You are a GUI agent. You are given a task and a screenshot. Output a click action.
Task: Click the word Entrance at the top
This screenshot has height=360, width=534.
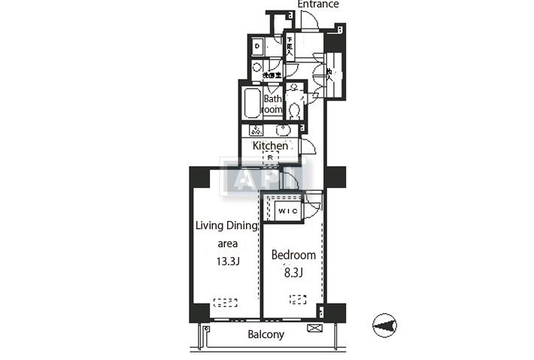pos(318,5)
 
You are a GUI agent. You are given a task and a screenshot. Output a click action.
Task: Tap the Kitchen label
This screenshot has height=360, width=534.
pos(269,146)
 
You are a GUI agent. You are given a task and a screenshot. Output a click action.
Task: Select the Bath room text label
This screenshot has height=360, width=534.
pos(272,104)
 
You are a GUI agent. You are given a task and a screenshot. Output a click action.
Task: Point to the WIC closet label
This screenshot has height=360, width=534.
pos(287,211)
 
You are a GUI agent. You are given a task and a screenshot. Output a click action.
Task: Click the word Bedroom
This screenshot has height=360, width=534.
pos(293,255)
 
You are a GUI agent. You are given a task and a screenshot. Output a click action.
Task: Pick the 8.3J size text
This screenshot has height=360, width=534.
pos(293,274)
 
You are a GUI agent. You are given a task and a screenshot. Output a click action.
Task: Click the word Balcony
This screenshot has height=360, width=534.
pos(266,334)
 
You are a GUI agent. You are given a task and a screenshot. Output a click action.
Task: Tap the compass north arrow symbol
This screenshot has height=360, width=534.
pos(384,325)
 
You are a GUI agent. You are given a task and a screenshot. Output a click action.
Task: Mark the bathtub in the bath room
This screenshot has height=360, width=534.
pos(250,105)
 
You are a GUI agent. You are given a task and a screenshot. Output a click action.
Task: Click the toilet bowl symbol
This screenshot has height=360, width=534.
pos(294,110)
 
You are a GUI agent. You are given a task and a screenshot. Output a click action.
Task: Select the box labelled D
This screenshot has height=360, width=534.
pos(257,47)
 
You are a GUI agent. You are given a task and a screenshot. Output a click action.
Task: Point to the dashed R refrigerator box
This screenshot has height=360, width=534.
pos(270,159)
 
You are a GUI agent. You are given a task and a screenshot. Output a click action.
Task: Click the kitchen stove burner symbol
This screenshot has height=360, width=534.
pos(256,130)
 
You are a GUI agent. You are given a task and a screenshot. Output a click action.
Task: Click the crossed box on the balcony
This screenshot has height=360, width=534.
pos(315,328)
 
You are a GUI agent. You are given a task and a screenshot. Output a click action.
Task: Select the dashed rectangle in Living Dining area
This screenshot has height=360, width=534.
pos(225,303)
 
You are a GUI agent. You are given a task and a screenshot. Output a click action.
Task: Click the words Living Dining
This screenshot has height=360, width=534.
pos(227,225)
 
